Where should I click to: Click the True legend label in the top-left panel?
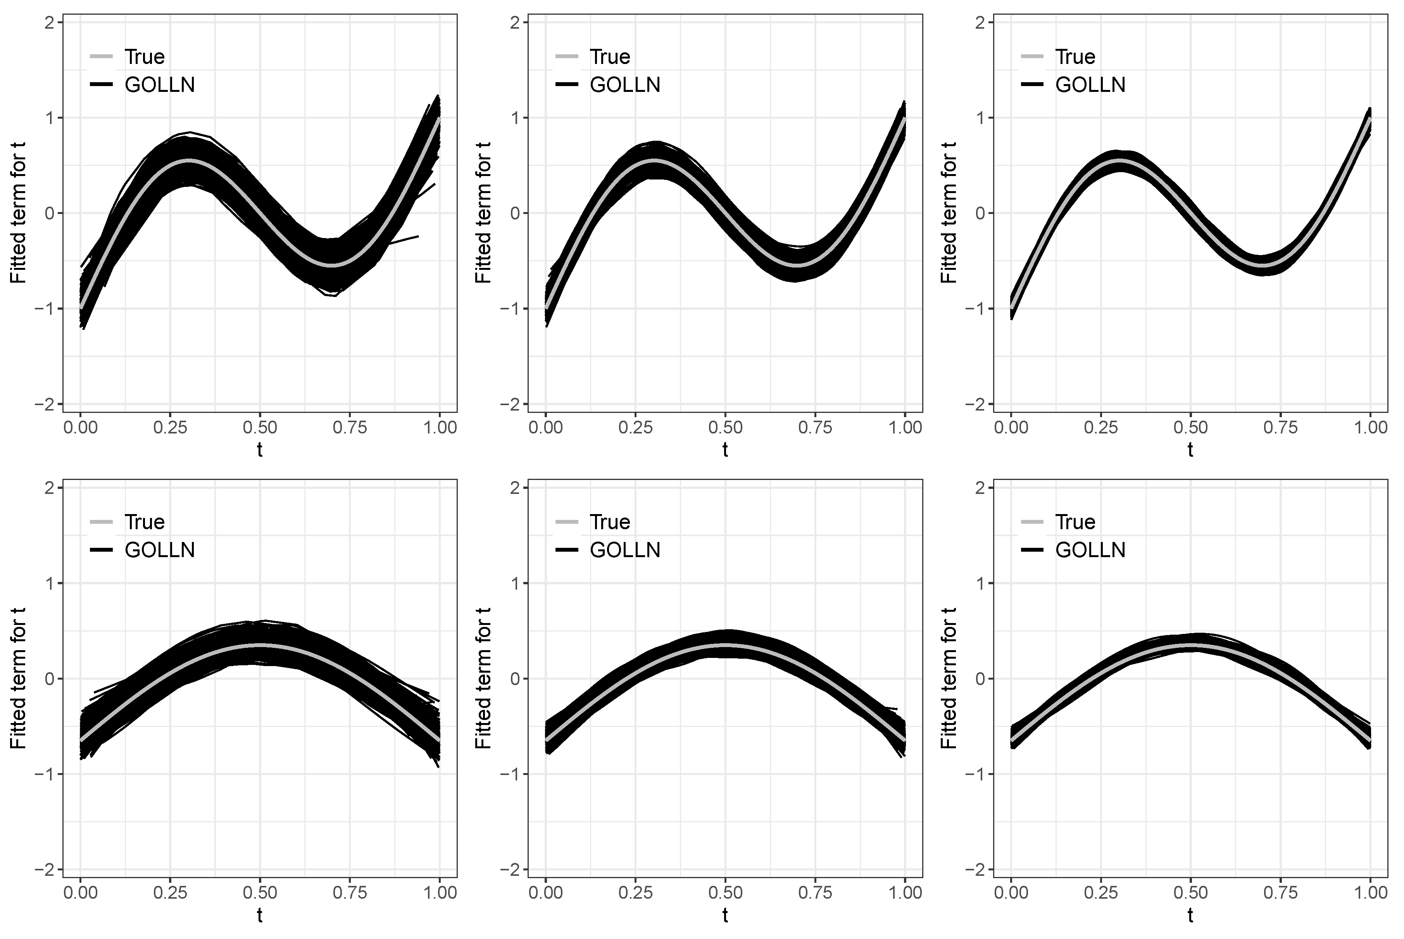(x=144, y=57)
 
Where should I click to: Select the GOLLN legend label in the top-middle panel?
(x=625, y=85)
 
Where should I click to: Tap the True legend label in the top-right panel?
(x=1075, y=57)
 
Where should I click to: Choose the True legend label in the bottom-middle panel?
(x=610, y=522)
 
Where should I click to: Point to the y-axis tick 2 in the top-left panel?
(x=50, y=23)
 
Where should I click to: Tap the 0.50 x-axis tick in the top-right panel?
(x=1190, y=428)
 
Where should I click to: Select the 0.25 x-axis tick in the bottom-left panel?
(x=170, y=893)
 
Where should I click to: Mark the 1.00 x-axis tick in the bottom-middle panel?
(x=905, y=893)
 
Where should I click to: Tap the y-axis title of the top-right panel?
(x=949, y=213)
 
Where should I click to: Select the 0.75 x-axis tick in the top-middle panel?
(x=815, y=428)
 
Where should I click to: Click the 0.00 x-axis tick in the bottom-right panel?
(x=1011, y=893)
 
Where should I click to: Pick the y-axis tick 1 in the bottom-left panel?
(x=50, y=583)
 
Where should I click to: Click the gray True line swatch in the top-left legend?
(x=101, y=57)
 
